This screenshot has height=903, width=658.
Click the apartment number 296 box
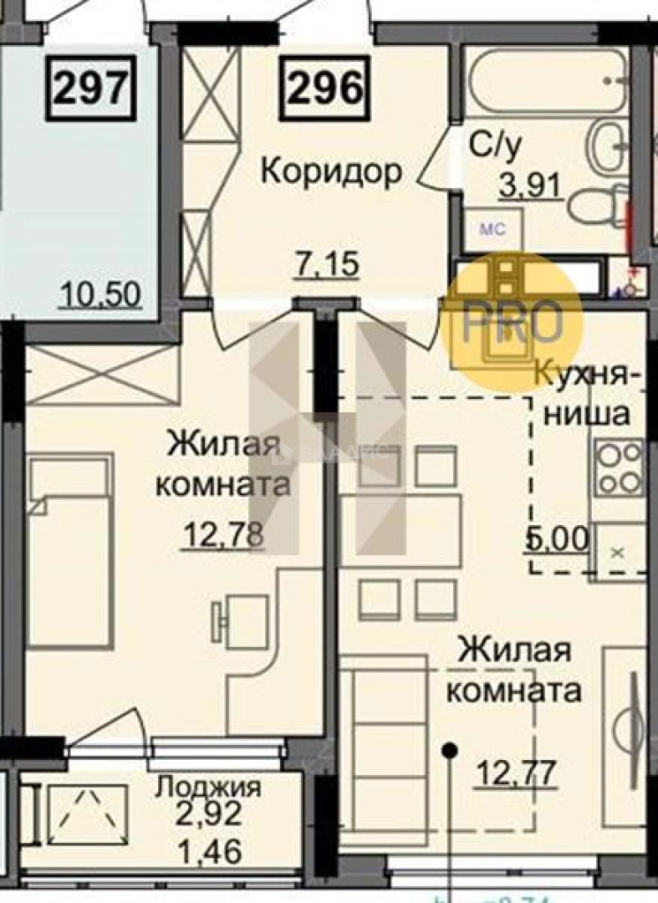325,88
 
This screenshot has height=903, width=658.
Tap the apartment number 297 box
94,88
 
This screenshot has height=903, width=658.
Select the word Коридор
331,171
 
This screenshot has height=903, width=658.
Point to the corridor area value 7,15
328,266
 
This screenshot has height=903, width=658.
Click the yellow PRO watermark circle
512,320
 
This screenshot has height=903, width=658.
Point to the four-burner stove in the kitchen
619,468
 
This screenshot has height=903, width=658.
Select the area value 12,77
516,772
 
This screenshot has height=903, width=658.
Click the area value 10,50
100,294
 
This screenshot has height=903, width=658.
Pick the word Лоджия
210,787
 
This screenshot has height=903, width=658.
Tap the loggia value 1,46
212,852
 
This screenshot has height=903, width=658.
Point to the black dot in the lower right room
450,749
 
